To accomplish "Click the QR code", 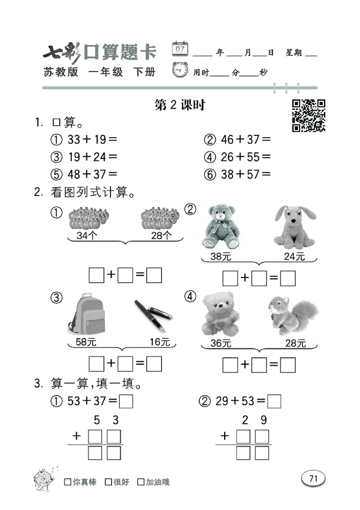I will [309, 115].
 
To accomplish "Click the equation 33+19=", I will [92, 140].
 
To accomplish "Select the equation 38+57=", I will [246, 174].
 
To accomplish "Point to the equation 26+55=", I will [246, 157].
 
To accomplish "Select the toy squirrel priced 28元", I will [292, 315].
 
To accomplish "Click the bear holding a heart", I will [220, 314].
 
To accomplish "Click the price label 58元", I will [86, 342].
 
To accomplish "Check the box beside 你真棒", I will [67, 482].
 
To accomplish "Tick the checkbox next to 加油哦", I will [141, 482].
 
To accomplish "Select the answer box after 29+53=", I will [274, 401].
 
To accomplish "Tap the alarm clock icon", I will [180, 71].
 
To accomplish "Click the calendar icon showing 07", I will [180, 49].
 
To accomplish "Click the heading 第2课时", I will [180, 105].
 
